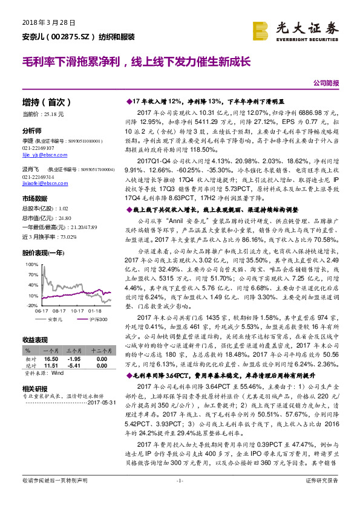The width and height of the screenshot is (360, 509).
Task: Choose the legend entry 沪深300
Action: coord(97,319)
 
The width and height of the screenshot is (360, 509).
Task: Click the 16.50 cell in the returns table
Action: coord(51,358)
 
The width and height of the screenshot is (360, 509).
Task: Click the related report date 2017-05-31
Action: coord(100,403)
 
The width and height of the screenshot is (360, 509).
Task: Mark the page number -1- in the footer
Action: coord(179,497)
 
